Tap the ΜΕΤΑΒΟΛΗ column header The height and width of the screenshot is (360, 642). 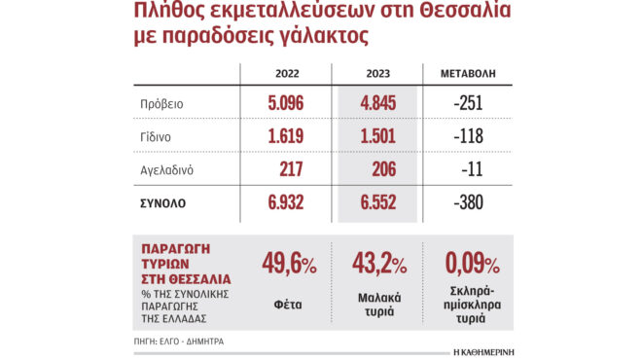click(470, 75)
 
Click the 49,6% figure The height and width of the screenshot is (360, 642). click(289, 264)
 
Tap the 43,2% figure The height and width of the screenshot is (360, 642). click(379, 264)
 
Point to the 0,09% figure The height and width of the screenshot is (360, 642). click(472, 264)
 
